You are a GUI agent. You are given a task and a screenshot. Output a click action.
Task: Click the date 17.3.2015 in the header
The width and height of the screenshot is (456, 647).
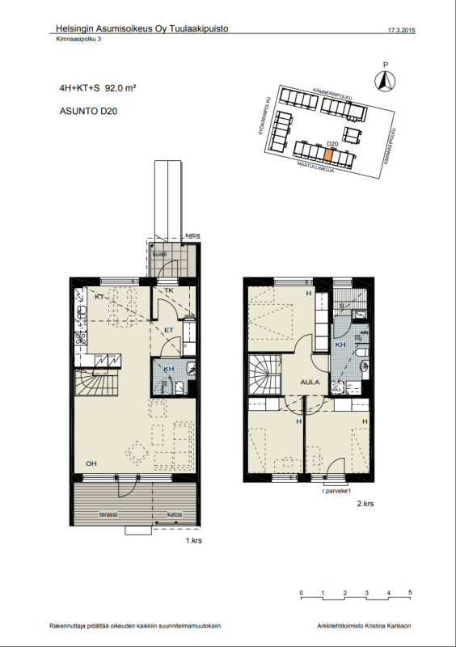[x=402, y=30]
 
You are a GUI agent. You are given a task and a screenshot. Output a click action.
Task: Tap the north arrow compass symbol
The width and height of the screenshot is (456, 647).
[x=386, y=79]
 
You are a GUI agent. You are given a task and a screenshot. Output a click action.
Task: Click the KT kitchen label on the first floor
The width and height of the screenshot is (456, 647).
[x=99, y=297]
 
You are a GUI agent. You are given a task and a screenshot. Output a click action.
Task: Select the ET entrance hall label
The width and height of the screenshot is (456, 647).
[x=169, y=330]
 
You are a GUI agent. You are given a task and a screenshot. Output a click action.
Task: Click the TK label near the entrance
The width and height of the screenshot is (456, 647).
[x=169, y=290]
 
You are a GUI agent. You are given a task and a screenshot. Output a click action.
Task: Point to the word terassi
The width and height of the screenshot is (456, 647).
[x=109, y=514]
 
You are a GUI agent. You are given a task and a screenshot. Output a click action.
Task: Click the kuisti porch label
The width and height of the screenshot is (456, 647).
[x=159, y=254]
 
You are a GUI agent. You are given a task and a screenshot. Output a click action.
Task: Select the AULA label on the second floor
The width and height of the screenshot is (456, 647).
[x=310, y=383]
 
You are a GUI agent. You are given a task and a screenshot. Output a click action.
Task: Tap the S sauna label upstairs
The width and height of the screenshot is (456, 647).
[x=341, y=306]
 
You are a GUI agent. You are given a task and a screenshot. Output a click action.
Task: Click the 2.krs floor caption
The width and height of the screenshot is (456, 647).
[x=365, y=503]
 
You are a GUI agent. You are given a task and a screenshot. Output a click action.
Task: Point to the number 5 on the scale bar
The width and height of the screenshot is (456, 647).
[x=411, y=593]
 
